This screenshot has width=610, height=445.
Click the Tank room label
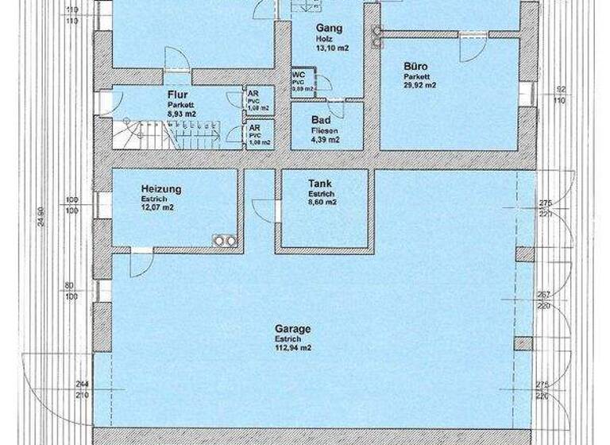[320, 184]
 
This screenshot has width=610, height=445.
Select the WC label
[299, 73]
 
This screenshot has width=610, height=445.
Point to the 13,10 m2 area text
[332, 47]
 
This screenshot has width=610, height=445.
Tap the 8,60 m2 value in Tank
[322, 203]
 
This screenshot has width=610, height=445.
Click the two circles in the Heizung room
[222, 241]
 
